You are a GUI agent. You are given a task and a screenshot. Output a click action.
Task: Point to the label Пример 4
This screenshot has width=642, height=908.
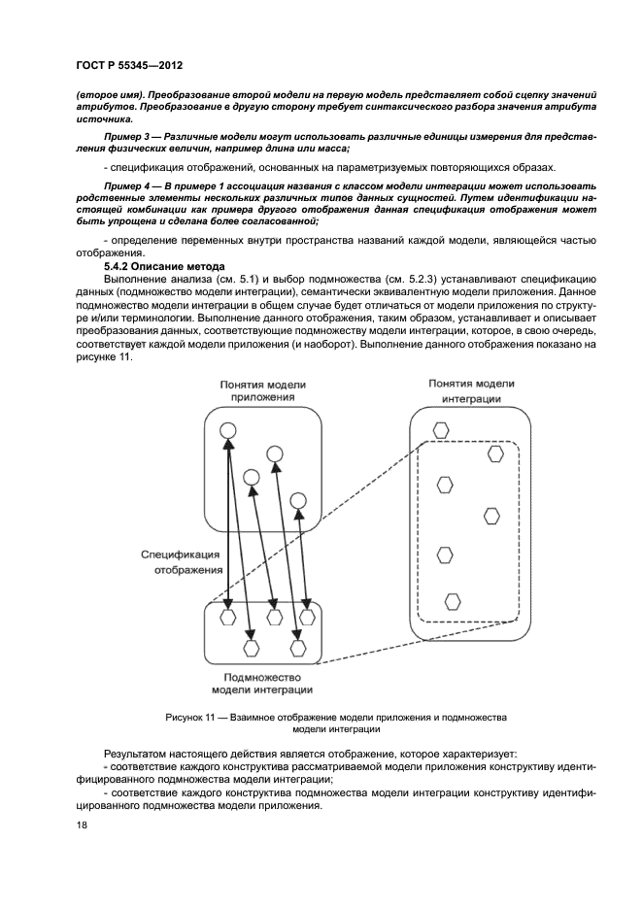(x=131, y=184)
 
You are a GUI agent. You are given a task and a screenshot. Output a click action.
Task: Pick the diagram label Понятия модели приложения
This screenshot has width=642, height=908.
(x=262, y=391)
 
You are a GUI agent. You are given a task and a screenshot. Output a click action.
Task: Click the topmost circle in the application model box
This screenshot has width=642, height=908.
(x=226, y=431)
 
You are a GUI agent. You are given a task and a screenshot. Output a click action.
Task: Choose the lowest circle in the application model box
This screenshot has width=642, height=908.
(x=298, y=500)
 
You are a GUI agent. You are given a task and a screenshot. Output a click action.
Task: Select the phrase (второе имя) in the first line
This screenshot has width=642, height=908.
(x=106, y=93)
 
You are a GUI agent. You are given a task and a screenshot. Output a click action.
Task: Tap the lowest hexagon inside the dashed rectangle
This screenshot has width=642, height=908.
(x=452, y=600)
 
